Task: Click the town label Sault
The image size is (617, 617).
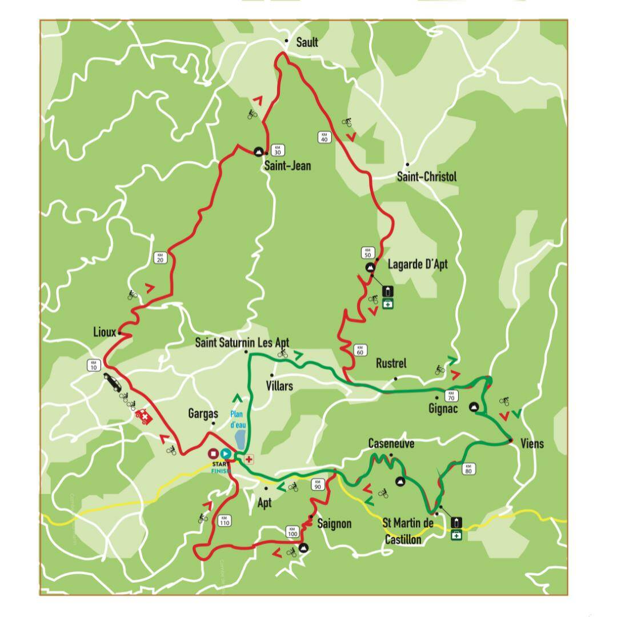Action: click(x=307, y=42)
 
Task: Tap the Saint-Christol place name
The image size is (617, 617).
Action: click(x=426, y=177)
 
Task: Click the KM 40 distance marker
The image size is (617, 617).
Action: click(x=324, y=137)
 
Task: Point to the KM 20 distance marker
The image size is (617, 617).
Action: click(x=160, y=257)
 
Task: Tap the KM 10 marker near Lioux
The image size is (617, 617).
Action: click(x=94, y=364)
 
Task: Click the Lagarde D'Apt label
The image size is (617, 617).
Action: click(x=417, y=264)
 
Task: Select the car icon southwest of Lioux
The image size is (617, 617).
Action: click(x=112, y=382)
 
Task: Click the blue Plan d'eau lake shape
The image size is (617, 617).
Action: click(x=241, y=440)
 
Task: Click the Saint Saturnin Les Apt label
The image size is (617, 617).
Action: click(x=242, y=343)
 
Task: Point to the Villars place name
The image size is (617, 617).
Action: click(x=279, y=386)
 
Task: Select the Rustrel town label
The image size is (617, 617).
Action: click(x=391, y=364)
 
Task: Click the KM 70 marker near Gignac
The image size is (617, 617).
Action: click(x=451, y=395)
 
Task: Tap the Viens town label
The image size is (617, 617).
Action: click(x=532, y=444)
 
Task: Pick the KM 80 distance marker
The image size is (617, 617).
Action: click(x=468, y=468)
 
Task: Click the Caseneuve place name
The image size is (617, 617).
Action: click(x=391, y=444)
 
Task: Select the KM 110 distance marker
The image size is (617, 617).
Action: click(x=224, y=520)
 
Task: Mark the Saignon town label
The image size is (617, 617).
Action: click(x=334, y=523)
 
